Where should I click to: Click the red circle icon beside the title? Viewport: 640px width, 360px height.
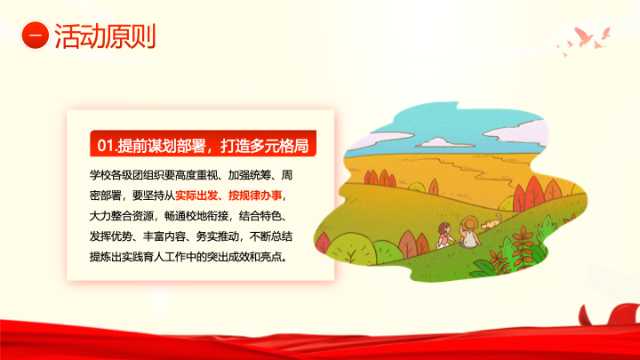[x=36, y=36]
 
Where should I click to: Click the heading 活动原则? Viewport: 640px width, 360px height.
[x=105, y=36]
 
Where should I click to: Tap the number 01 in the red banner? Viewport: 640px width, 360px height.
[x=105, y=145]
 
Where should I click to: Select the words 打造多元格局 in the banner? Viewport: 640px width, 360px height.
[x=265, y=145]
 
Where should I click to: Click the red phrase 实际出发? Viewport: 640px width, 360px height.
[x=196, y=196]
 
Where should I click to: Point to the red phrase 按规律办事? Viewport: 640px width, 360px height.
[x=255, y=196]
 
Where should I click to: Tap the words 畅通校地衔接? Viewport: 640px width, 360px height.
[x=196, y=216]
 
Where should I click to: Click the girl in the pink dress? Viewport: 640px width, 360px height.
[x=444, y=235]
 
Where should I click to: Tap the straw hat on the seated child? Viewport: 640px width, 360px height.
[x=469, y=224]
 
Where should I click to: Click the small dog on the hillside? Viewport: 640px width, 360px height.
[x=492, y=222]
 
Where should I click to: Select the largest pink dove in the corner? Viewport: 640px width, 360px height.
[x=584, y=36]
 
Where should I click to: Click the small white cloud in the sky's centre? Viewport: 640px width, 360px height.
[x=439, y=142]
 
